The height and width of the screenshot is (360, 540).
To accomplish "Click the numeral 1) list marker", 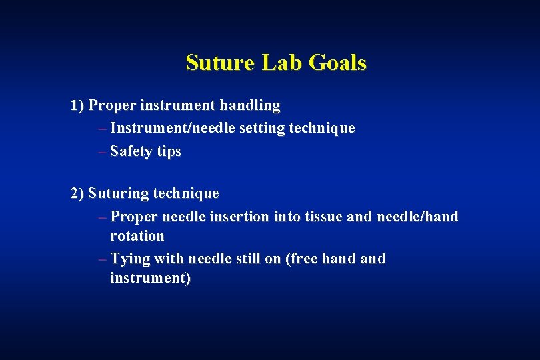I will pos(77,105).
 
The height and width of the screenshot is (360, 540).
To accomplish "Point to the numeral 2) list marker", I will pos(77,193).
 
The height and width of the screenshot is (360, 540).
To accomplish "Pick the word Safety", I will pos(131,151).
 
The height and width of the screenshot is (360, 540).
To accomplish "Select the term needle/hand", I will pos(417,217).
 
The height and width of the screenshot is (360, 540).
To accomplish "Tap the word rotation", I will pos(137,236).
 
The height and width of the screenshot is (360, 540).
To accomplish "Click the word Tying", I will pos(129,259).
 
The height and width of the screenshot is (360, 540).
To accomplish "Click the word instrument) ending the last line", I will pos(151,278).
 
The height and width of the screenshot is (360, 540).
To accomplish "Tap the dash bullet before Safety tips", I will pos(101,151).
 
